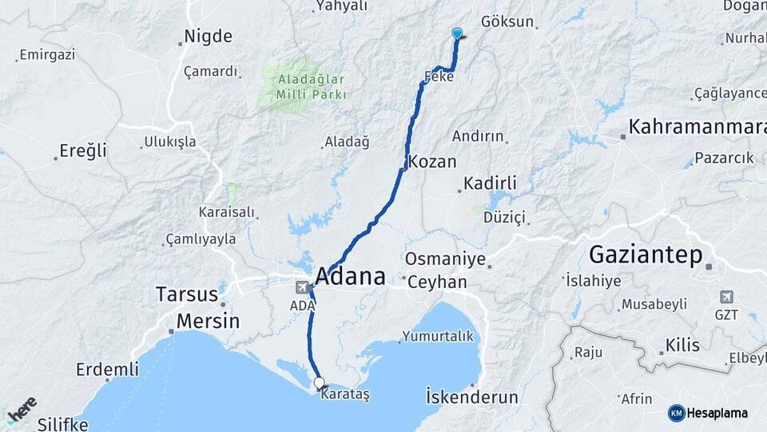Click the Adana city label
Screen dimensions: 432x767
tap(350, 277)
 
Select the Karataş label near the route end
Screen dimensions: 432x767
tap(344, 398)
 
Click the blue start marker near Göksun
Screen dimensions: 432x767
tap(457, 33)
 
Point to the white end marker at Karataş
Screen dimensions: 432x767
tap(320, 383)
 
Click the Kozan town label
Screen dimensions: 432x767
tap(432, 162)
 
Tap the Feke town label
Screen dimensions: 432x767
tap(439, 77)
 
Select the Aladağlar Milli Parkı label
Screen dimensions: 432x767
tap(311, 86)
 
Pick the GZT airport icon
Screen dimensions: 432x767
tap(726, 297)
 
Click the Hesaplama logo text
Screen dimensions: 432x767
tap(717, 413)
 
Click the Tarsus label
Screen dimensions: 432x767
tap(187, 294)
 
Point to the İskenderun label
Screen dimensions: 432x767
tap(471, 397)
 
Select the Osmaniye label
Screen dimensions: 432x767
tap(445, 259)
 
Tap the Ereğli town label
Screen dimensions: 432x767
tap(83, 150)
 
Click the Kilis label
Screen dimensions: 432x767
tap(682, 346)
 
